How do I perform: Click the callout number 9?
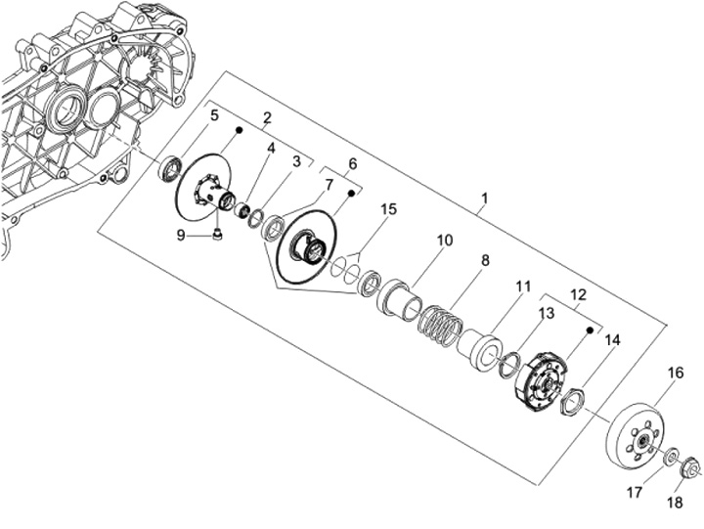pos(181,235)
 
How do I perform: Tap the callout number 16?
pos(676,374)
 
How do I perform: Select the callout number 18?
pos(675,503)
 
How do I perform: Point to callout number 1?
pos(484,198)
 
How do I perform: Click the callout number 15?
pos(389,209)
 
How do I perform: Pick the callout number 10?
pos(445,241)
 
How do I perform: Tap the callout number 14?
pos(613,340)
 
